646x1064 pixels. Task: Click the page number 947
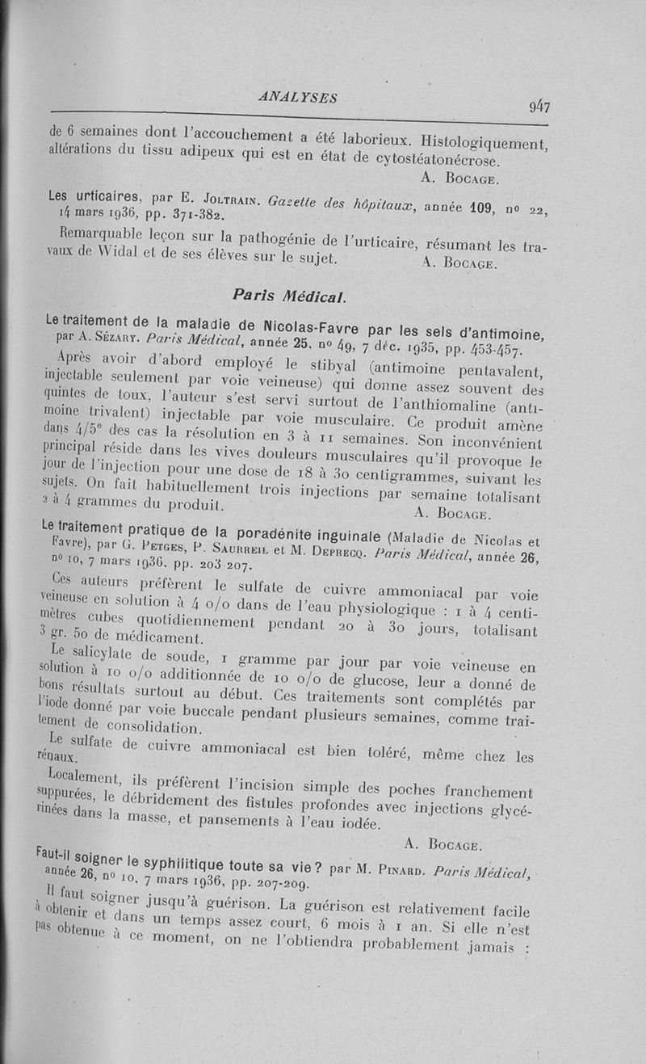click(x=539, y=107)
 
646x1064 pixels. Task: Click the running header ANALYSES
click(x=298, y=97)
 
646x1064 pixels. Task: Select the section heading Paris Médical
click(x=288, y=296)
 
